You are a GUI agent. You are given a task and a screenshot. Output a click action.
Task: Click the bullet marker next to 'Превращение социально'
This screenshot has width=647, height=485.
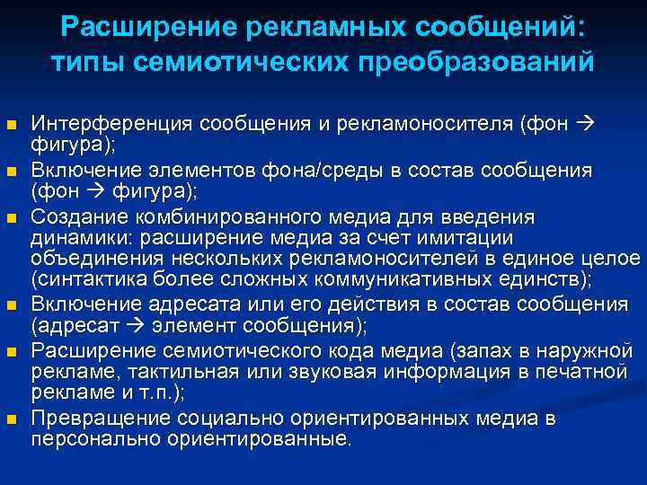tap(12, 419)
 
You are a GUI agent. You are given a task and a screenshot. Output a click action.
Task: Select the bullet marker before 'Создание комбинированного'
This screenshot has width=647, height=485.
tap(12, 218)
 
